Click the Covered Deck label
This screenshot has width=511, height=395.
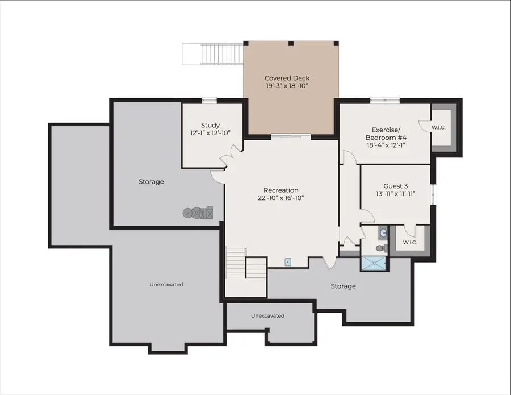tap(287, 78)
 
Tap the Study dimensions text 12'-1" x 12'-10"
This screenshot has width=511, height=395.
tap(210, 133)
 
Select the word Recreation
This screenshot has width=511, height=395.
tap(280, 190)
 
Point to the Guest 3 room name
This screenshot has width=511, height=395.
tap(395, 186)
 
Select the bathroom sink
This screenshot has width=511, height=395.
tap(382, 232)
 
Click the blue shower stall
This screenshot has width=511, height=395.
tap(375, 263)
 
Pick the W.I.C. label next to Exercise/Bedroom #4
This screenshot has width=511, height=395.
tap(438, 127)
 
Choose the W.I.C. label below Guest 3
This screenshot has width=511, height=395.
tap(410, 243)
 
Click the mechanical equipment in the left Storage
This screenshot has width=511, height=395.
tap(198, 213)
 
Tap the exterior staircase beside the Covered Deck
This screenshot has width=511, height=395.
tap(212, 55)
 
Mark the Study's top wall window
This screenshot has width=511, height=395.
tap(210, 101)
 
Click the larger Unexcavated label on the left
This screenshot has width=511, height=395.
tap(166, 284)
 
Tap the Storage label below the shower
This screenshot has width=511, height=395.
tap(343, 286)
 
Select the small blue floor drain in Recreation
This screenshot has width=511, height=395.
tap(288, 262)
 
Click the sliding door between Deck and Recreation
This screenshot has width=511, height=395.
tap(290, 136)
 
